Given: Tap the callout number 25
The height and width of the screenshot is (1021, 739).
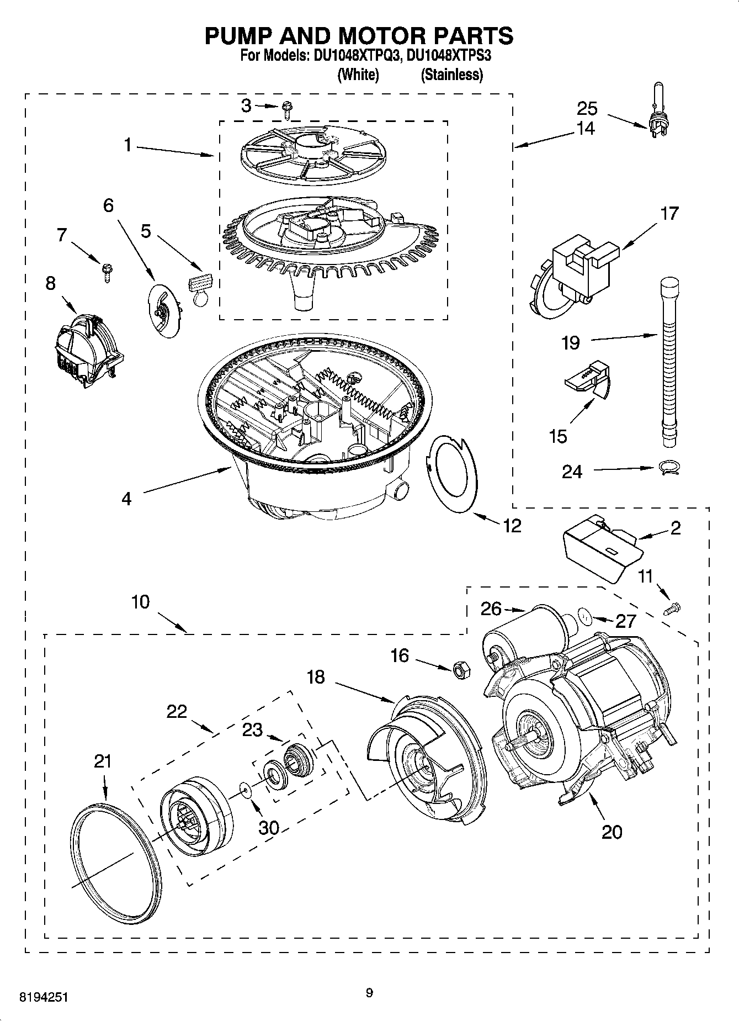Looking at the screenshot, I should (x=587, y=107).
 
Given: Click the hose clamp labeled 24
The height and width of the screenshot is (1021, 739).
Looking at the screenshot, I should (x=669, y=468).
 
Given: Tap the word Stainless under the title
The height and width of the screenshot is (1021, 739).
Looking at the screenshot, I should (x=451, y=75).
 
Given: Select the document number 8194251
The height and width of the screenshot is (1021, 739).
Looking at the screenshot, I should (x=45, y=997).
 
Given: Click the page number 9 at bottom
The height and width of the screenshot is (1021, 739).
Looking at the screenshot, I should (x=369, y=993).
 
